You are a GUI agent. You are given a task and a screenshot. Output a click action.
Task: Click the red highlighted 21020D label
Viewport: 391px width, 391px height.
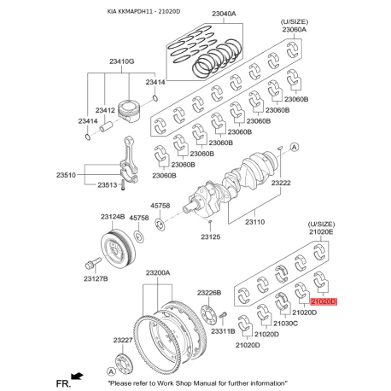pos(324,301)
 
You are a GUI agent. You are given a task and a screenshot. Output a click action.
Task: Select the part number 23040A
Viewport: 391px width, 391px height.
pos(224,14)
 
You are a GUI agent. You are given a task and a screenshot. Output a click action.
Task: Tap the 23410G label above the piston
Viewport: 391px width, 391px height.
pos(122,61)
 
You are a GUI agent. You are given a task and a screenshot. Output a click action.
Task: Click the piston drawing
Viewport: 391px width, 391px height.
pos(129,112)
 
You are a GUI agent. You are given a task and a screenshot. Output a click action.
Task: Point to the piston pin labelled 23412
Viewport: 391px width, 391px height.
pos(106,126)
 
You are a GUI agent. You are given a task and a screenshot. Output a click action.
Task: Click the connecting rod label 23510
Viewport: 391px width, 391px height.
pos(66,175)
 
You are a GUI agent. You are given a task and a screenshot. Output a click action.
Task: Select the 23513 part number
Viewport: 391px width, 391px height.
pos(108,185)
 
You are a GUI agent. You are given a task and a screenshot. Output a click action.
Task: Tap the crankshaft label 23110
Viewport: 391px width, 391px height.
pos(255,222)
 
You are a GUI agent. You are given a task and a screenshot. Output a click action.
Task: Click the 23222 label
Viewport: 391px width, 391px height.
pos(281,183)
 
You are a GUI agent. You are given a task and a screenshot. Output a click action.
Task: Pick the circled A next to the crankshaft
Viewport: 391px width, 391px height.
pos(295,147)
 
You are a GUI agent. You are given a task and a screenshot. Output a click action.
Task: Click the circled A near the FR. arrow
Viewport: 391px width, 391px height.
pos(111,371)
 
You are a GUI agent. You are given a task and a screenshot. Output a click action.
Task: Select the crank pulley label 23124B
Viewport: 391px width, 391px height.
pos(113,217)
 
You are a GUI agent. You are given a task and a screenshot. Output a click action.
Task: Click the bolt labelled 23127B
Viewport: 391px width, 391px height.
pos(93,263)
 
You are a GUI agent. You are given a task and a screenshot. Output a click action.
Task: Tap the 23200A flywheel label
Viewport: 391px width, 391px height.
pos(158,273)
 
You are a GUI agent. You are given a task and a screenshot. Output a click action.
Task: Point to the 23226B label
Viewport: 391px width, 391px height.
pos(209,293)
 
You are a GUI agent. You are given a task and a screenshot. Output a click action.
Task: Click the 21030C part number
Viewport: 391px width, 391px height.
pos(286,324)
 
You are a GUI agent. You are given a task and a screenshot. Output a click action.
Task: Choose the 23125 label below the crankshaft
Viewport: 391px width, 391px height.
pos(211,236)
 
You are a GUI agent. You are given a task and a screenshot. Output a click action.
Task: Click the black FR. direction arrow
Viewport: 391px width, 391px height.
pos(77,376)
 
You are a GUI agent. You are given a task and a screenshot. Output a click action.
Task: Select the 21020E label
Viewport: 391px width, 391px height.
pos(321,232)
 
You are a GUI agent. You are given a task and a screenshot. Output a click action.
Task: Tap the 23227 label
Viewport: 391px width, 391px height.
pos(123,340)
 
